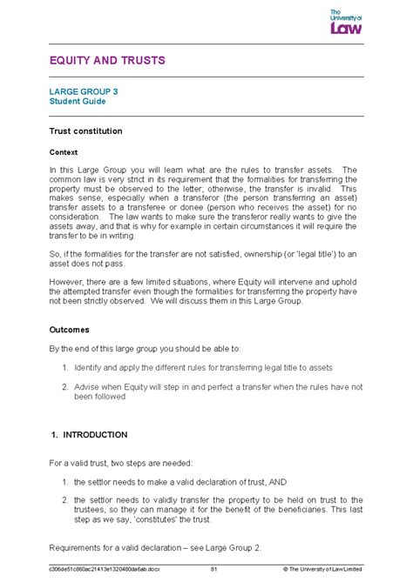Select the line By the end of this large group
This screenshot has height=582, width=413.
click(135, 348)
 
